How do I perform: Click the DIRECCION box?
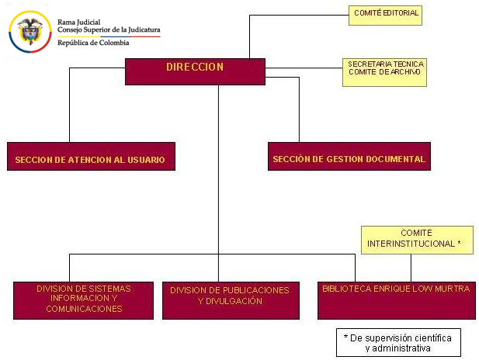(195, 71)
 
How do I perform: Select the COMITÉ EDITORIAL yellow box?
(385, 16)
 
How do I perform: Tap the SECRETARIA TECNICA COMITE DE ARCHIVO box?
(384, 72)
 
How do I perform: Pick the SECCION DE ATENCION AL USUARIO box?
(91, 156)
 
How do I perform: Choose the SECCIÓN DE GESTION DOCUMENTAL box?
(349, 156)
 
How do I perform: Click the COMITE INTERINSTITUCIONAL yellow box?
(417, 240)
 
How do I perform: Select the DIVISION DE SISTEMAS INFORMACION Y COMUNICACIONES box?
(83, 301)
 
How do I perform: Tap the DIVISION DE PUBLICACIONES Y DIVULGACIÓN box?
(231, 301)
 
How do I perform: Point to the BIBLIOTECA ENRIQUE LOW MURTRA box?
(397, 301)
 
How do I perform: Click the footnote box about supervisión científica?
(398, 343)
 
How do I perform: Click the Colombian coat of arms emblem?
(30, 32)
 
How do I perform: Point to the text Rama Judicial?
(79, 22)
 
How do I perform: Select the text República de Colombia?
(93, 43)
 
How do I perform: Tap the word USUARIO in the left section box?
(146, 160)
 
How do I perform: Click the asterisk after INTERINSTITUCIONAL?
(459, 243)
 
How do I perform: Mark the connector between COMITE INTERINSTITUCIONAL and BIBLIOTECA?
(411, 268)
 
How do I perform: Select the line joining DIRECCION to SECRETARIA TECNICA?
(304, 67)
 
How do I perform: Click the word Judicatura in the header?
(144, 30)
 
